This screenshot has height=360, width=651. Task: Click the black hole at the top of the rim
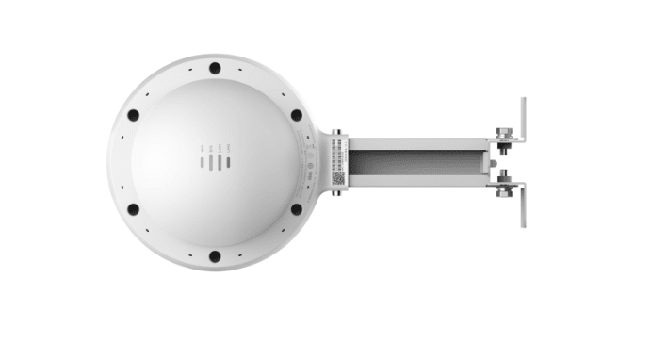click(x=215, y=68)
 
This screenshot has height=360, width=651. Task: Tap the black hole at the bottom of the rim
click(x=215, y=255)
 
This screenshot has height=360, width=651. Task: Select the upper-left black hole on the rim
click(x=133, y=115)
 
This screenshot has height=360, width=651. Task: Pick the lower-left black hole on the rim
click(x=133, y=209)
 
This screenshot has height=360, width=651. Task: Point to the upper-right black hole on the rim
click(x=297, y=115)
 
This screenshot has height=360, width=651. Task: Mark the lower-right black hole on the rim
click(x=297, y=209)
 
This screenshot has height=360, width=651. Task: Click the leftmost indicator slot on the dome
click(x=202, y=162)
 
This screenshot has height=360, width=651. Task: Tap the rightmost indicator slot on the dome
click(x=227, y=162)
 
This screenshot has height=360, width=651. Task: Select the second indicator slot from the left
click(x=210, y=162)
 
